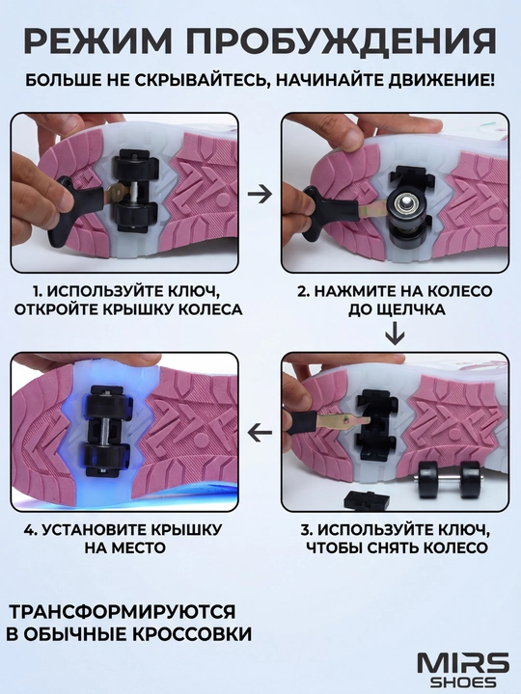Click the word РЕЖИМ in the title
click(x=97, y=40)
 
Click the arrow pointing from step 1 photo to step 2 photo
click(x=260, y=194)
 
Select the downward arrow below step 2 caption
click(x=395, y=334)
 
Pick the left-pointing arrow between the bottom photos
click(x=260, y=433)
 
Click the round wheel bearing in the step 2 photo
click(x=404, y=206)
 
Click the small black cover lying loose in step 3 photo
click(x=368, y=499)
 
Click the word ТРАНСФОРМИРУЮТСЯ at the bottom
click(x=123, y=612)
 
